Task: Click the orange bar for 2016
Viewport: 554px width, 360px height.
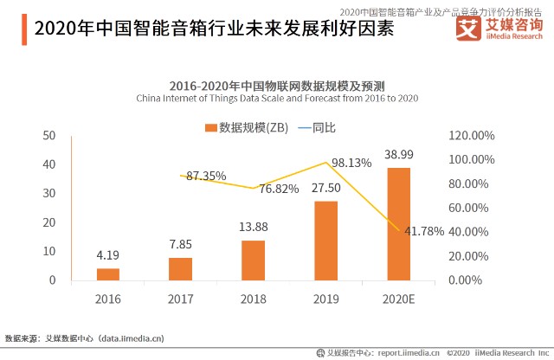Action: click(x=108, y=273)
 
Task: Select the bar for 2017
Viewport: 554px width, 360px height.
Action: click(x=180, y=268)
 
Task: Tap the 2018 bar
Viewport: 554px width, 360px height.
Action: click(x=253, y=260)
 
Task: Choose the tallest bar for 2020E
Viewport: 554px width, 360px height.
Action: click(x=398, y=223)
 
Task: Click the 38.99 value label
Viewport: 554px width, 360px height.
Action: click(x=398, y=154)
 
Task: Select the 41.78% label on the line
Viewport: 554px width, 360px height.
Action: click(x=423, y=231)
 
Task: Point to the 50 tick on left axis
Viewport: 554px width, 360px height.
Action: click(x=49, y=135)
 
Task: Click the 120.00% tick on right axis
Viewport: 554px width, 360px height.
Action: click(x=472, y=136)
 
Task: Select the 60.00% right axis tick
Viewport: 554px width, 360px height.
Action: click(x=472, y=208)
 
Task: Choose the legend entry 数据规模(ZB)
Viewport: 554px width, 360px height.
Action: click(x=247, y=127)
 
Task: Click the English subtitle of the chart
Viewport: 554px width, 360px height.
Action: click(x=277, y=99)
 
